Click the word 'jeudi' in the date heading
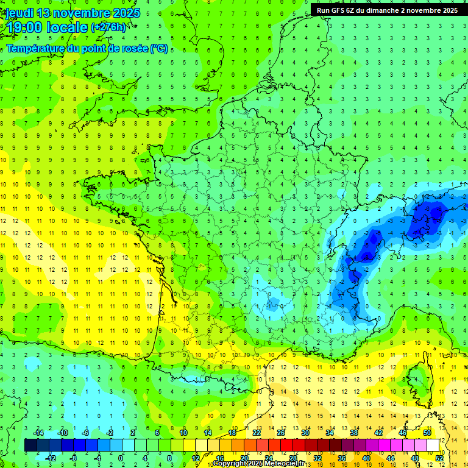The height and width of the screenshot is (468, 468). click(18, 13)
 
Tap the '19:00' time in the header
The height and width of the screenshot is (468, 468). click(24, 28)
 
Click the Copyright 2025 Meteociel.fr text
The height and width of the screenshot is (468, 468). click(259, 464)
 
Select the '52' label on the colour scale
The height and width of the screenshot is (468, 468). click(439, 458)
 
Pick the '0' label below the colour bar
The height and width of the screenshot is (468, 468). click(121, 458)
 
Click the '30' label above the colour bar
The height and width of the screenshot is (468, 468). click(305, 433)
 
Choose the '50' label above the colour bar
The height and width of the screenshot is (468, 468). click(427, 433)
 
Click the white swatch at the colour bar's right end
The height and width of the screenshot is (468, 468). click(433, 445)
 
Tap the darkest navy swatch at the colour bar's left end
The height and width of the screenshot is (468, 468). click(30, 445)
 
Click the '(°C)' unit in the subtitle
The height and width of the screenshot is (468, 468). click(159, 49)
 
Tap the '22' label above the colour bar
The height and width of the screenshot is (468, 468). click(257, 433)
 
